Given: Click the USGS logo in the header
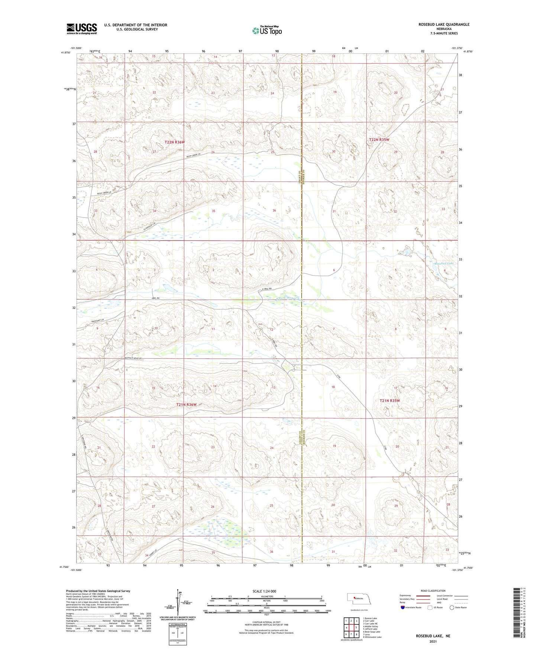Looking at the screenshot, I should point(82,29).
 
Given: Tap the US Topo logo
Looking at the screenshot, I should point(267,30).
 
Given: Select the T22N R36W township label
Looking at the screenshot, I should point(175,142).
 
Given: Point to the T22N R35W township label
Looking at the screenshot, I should point(379,140).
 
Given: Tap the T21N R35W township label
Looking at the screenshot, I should point(390,401).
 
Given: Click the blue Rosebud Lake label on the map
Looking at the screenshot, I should point(444,264).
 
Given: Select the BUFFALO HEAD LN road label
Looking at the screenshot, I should point(133,358).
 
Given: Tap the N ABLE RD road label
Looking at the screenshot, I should point(266,288).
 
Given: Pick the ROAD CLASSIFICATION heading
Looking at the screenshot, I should point(433,591).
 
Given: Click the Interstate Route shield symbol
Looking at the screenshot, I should point(403,607).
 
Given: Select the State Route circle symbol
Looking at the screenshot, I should point(452,607).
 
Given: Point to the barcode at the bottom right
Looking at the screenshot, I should point(517,617).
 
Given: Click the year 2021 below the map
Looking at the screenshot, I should point(433,641).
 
